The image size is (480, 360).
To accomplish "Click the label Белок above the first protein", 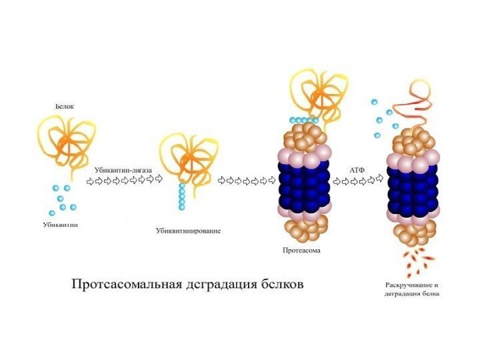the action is pyautogui.click(x=64, y=106).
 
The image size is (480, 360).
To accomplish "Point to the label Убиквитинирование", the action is pyautogui.click(x=188, y=231).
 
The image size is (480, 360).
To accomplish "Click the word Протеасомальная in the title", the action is pyautogui.click(x=127, y=283).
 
